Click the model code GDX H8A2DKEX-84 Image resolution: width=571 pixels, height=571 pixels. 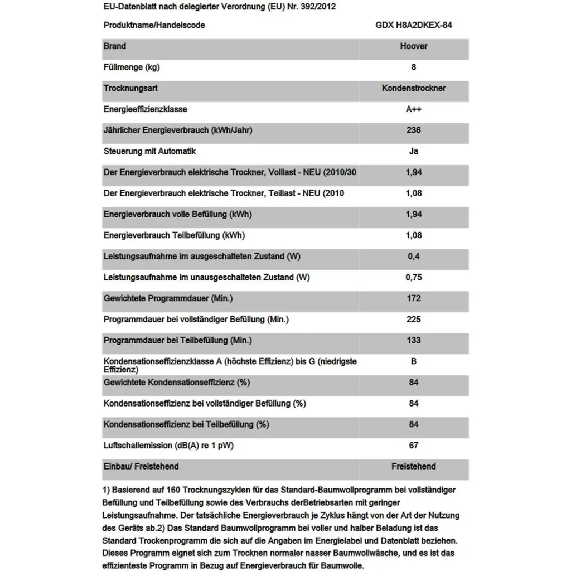click(x=414, y=25)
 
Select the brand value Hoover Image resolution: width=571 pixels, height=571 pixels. click(x=414, y=46)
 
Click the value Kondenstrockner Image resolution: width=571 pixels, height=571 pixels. click(x=414, y=88)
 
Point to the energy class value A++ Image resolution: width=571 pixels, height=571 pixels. click(x=414, y=109)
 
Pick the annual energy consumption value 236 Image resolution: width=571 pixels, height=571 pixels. click(x=414, y=130)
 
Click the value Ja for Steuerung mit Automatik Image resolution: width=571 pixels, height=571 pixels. click(x=414, y=151)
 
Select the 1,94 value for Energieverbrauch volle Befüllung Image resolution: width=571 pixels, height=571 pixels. click(x=414, y=214)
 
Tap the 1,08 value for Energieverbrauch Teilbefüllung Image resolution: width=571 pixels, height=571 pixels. click(x=414, y=235)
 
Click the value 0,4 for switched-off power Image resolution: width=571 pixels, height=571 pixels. click(x=414, y=257)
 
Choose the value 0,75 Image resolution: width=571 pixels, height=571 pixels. click(x=414, y=277)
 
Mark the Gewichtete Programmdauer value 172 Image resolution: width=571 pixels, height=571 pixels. click(x=414, y=298)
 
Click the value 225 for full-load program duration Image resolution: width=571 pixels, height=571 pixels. click(x=414, y=320)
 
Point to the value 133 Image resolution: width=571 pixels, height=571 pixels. click(x=414, y=340)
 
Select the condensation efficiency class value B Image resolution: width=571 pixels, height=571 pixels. click(x=414, y=361)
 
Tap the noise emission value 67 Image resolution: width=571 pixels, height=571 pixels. click(x=414, y=446)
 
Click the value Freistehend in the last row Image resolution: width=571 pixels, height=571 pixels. click(x=414, y=466)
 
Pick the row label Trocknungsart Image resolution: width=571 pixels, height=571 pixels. click(x=130, y=88)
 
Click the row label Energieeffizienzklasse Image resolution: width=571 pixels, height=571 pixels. click(x=145, y=109)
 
